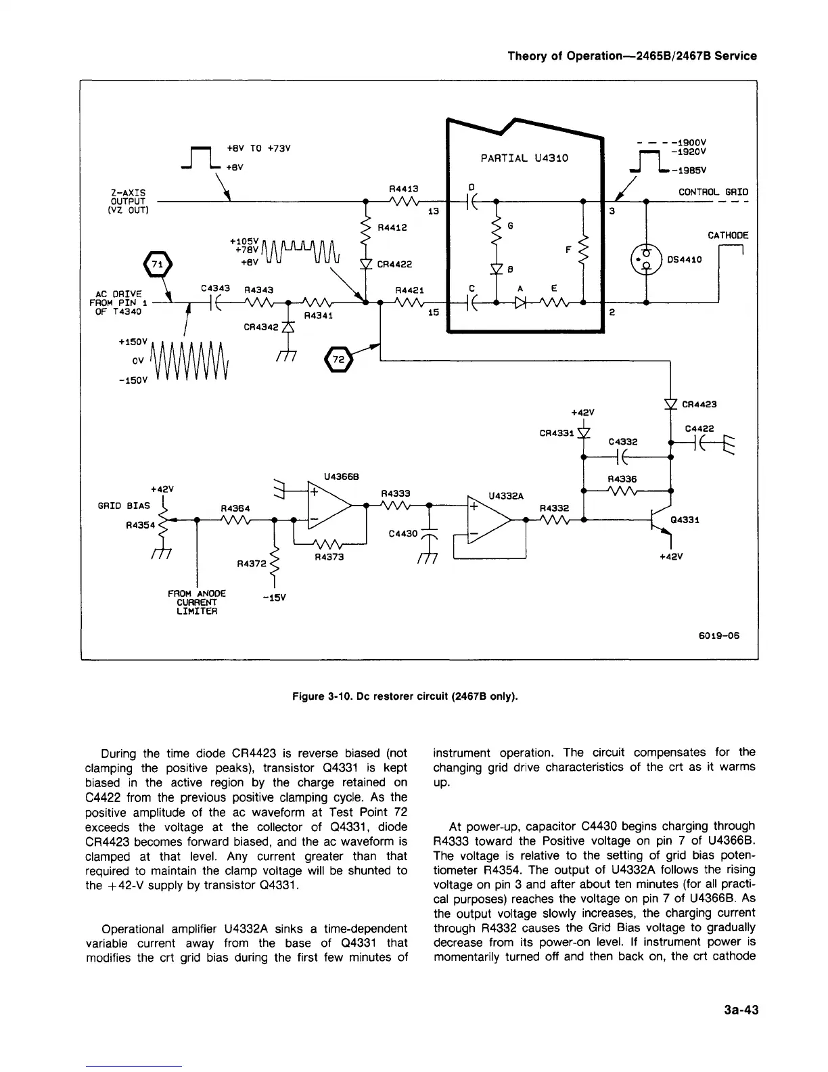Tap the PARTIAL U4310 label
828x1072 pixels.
click(x=524, y=158)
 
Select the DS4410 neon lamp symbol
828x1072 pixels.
click(x=647, y=259)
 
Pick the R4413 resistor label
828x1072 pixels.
click(x=405, y=189)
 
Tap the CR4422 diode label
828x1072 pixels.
click(x=395, y=265)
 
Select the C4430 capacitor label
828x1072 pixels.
click(x=404, y=534)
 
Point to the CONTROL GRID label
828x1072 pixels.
click(x=713, y=192)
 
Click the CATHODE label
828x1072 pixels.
click(x=728, y=236)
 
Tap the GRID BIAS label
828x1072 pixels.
click(x=124, y=506)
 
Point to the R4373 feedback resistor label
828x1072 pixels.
click(x=329, y=558)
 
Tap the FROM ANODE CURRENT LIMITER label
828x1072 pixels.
click(x=196, y=602)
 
